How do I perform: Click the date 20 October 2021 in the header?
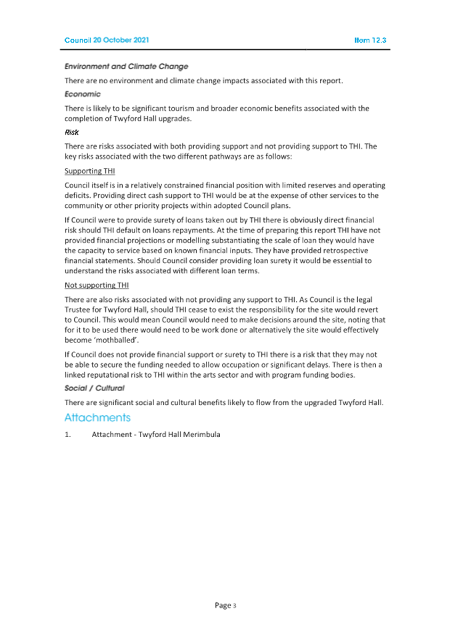[x=121, y=40]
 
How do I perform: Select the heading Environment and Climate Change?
[x=126, y=67]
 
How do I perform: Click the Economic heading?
[x=82, y=94]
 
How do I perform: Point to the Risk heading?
[x=72, y=132]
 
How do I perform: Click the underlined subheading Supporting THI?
[x=89, y=171]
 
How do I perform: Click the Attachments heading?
[x=97, y=418]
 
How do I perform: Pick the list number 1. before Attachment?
[x=67, y=435]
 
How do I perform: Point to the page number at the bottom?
[x=225, y=605]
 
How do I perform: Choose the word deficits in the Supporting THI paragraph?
[x=79, y=195]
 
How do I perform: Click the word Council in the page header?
[x=77, y=40]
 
